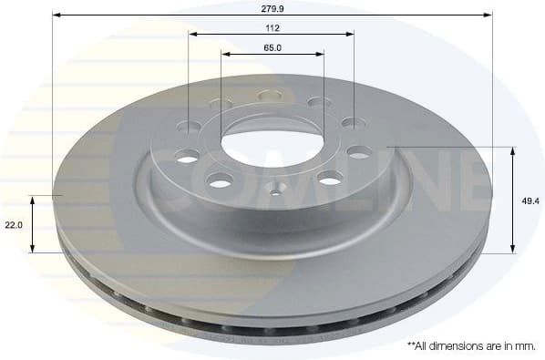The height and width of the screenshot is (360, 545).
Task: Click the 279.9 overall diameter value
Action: click(272, 8)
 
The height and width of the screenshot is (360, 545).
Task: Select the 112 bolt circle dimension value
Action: click(272, 26)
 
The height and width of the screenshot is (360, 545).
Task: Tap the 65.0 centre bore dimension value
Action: click(272, 47)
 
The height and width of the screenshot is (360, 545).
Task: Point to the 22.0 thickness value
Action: click(13, 224)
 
